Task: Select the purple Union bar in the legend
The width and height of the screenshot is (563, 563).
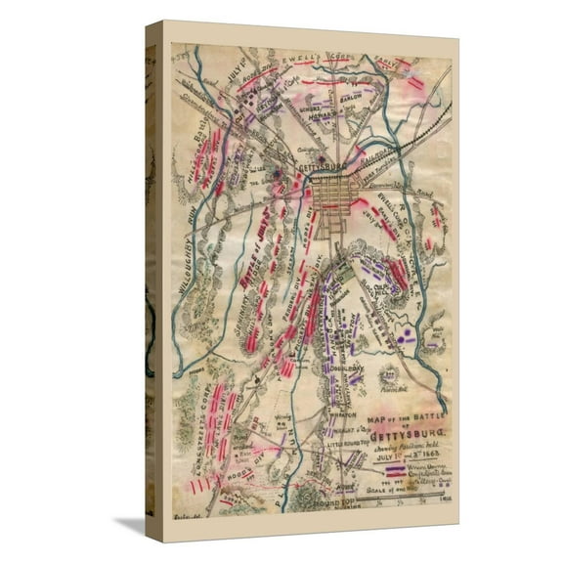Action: coord(402,467)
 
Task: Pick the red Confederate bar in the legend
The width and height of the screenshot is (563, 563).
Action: coord(402,477)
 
